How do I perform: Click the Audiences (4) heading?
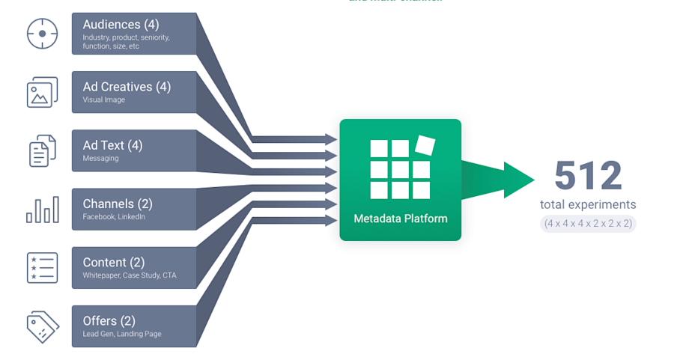tap(121, 25)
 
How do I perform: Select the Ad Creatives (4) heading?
tap(127, 87)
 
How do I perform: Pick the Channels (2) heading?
tap(118, 204)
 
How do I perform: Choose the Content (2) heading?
tap(114, 262)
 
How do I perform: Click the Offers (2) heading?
tap(110, 320)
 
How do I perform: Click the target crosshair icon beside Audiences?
tap(42, 34)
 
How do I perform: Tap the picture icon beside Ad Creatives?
tap(42, 92)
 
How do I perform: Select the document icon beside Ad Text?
tap(42, 150)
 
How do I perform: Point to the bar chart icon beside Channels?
tap(42, 210)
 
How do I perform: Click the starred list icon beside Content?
tap(42, 268)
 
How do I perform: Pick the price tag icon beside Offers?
tap(42, 326)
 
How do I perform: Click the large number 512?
tap(588, 176)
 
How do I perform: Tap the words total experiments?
tap(588, 204)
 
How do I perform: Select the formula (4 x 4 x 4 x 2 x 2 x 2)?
tap(588, 223)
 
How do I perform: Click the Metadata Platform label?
tap(401, 219)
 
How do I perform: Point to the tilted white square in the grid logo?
tap(425, 144)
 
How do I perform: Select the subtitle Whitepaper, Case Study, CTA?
tap(130, 275)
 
